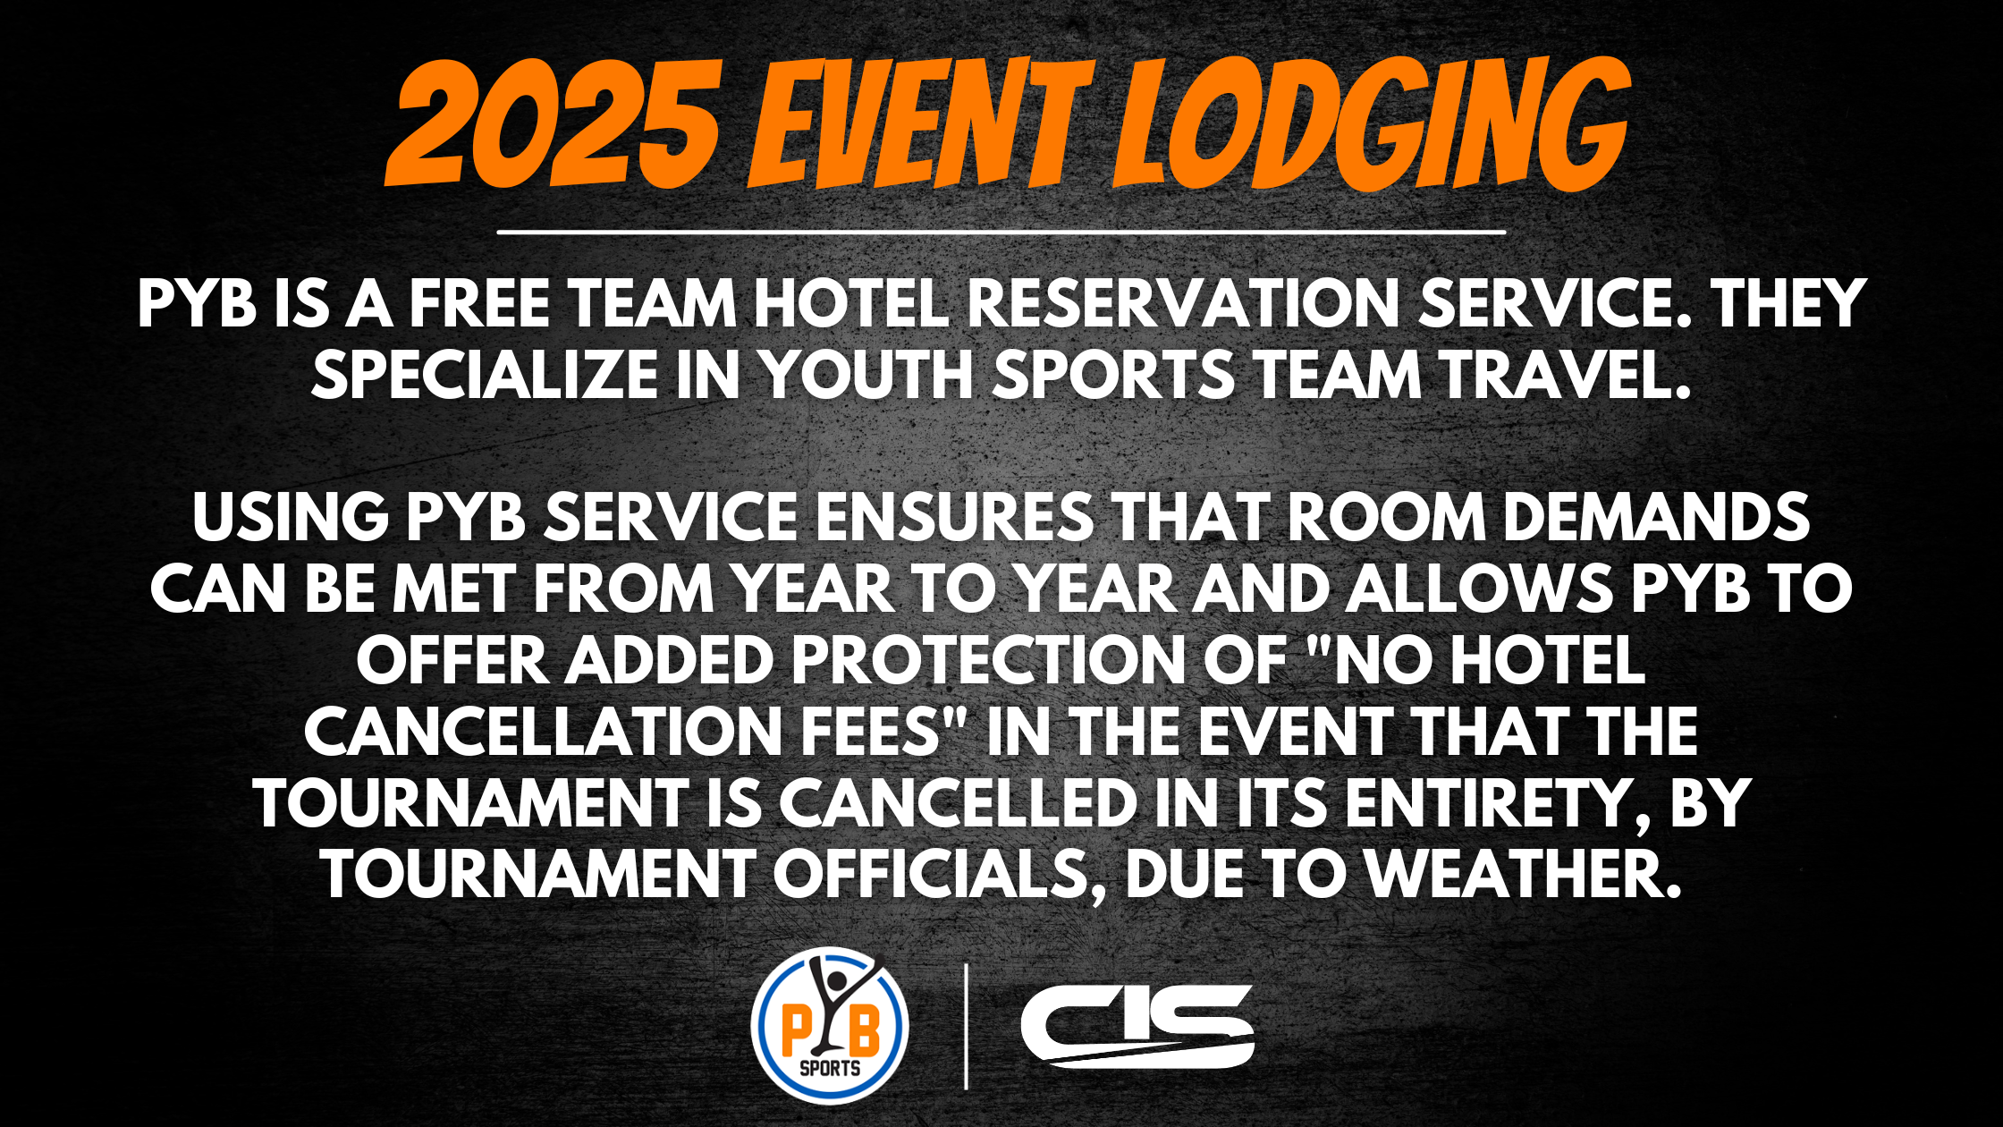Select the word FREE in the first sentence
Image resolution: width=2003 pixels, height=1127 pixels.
point(479,304)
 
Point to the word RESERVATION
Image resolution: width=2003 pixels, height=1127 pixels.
point(1183,304)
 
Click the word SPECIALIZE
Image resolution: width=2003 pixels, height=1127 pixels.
point(484,375)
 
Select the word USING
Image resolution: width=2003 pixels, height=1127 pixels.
point(290,518)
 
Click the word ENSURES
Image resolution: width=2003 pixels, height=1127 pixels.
point(954,518)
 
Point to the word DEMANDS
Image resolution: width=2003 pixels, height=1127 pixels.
point(1656,518)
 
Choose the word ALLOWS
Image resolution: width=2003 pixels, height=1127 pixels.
point(1478,589)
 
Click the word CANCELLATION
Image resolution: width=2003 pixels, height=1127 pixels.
point(544,733)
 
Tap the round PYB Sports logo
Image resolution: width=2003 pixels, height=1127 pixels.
point(830,1025)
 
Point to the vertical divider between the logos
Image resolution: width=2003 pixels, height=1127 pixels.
point(966,1027)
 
